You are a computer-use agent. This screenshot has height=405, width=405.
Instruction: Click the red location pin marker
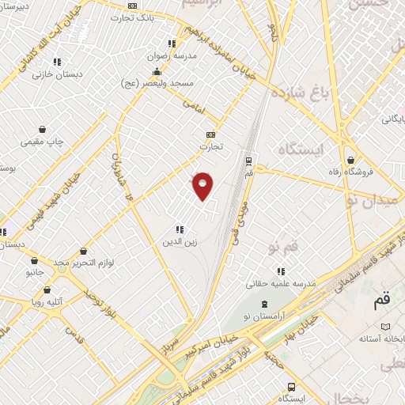point(203,185)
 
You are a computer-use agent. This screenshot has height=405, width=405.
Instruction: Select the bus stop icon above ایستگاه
point(292,387)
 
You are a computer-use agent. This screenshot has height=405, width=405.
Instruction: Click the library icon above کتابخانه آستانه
point(386,326)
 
